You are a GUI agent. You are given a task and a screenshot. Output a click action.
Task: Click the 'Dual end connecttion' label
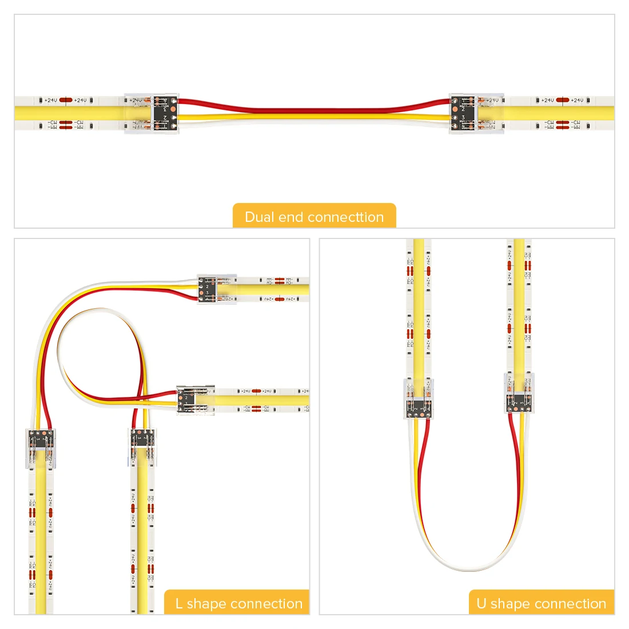pyautogui.click(x=314, y=217)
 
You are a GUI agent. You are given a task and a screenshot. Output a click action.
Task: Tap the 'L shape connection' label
pyautogui.click(x=238, y=603)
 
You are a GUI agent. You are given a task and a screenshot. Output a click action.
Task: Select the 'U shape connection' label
pyautogui.click(x=541, y=603)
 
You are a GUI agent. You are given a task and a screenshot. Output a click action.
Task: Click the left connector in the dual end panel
pyautogui.click(x=152, y=113)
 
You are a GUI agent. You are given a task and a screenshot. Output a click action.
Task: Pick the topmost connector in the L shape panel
pyautogui.click(x=216, y=289)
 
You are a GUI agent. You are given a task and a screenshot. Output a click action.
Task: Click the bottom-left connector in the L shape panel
pyautogui.click(x=41, y=448)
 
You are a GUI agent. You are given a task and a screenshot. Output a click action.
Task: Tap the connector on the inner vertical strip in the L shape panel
pyautogui.click(x=141, y=447)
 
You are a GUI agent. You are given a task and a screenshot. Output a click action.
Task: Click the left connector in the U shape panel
pyautogui.click(x=419, y=398)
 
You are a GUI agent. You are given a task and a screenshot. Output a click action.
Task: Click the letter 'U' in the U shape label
pyautogui.click(x=481, y=603)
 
